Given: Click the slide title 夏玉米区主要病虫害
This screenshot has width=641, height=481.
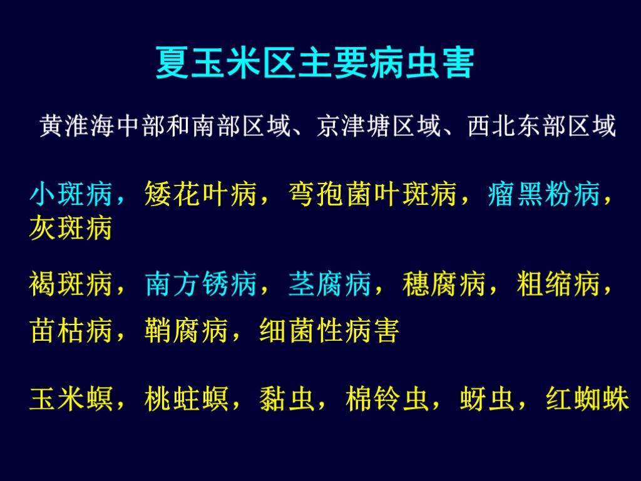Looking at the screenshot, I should coord(315,64).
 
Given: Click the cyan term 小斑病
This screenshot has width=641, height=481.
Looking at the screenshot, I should coord(70,195).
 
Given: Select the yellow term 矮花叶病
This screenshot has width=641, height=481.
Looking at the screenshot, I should coord(200,195).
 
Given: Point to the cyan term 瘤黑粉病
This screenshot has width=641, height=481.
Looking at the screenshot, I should coord(543,195).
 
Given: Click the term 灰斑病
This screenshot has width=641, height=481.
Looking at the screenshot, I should coord(70,229).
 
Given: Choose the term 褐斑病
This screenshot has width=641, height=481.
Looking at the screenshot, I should coord(70,285).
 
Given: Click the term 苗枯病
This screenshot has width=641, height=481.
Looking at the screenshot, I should coord(70,331).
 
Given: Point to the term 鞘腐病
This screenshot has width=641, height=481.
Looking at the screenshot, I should coord(185,331).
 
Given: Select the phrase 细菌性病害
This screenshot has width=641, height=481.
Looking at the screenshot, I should coord(329,331).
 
